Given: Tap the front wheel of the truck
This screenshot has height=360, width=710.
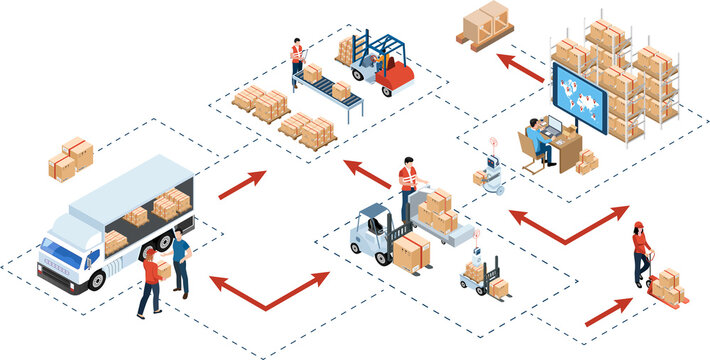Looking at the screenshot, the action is click(x=97, y=279).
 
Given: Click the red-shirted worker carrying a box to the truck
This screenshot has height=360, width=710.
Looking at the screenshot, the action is click(x=150, y=282).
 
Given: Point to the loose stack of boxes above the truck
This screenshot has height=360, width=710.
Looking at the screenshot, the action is click(x=71, y=157).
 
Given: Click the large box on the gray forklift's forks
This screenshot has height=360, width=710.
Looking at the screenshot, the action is click(x=411, y=252).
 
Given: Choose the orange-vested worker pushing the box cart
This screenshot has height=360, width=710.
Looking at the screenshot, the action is click(x=408, y=186).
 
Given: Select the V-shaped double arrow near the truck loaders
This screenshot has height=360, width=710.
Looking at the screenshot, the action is click(x=268, y=289).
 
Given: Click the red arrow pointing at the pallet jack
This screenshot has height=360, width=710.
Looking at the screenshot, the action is click(x=608, y=311).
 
